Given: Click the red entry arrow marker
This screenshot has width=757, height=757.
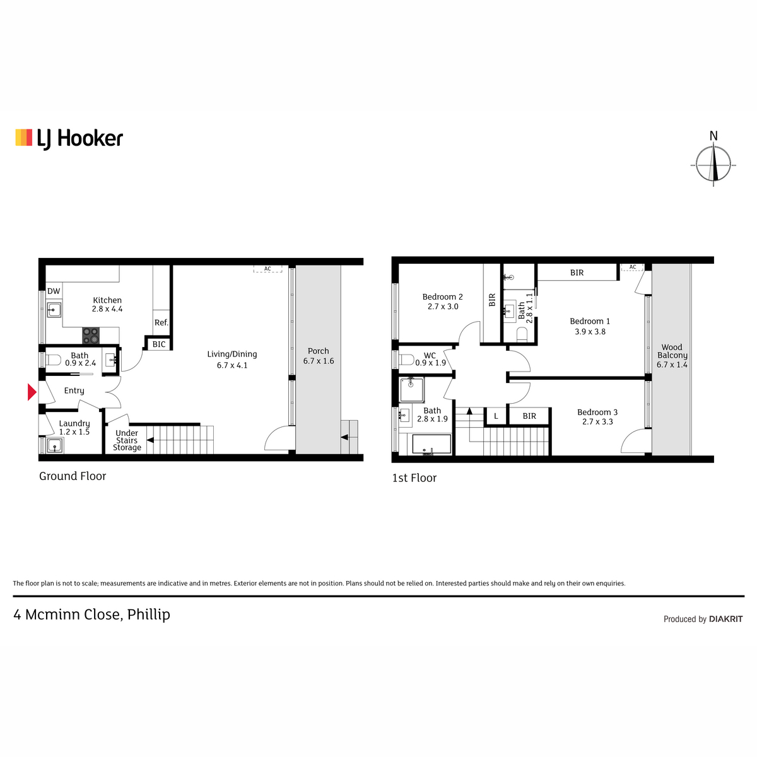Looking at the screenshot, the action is (32, 392).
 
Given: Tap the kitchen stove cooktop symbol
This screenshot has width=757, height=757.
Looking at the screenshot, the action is (91, 336).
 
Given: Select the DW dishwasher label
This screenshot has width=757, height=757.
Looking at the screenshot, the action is (54, 291).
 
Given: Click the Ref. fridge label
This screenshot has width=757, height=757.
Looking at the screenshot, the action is (161, 322).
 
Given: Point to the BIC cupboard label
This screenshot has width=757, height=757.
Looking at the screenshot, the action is (159, 344).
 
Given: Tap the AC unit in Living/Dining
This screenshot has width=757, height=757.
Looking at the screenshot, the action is (267, 269).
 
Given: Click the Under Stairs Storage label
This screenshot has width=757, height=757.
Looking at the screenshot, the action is (127, 440).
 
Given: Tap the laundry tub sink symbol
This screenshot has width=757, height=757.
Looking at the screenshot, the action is (54, 445).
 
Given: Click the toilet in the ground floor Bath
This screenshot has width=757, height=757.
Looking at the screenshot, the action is (54, 360).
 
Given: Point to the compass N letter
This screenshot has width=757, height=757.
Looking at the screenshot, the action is (713, 136).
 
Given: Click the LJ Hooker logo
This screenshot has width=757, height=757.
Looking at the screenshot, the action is (69, 139).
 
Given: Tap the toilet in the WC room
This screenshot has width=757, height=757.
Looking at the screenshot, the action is (407, 360).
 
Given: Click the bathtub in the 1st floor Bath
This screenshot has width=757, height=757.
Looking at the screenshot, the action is (431, 445).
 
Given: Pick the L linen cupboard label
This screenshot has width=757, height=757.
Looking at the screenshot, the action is (496, 416).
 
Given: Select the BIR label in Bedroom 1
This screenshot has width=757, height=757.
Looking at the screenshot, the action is (577, 273).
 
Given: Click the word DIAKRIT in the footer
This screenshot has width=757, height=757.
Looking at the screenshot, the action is (726, 619).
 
